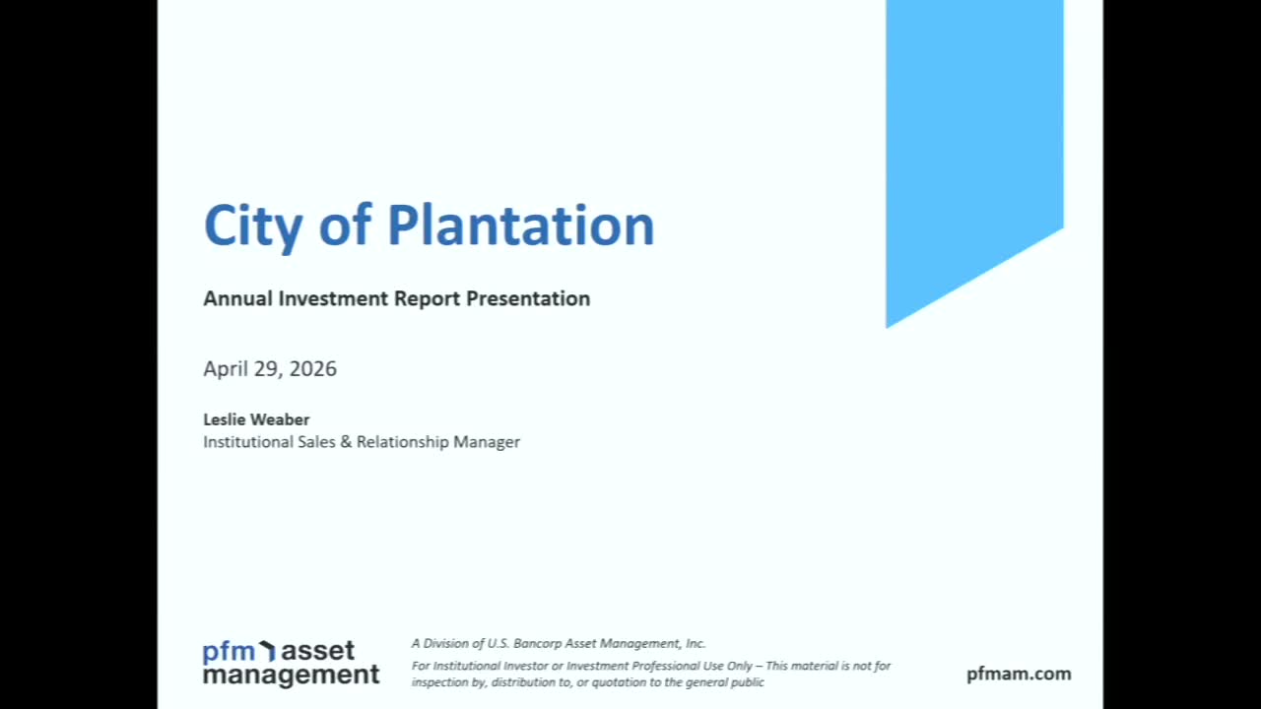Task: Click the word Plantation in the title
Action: [x=521, y=226]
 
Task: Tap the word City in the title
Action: [x=253, y=226]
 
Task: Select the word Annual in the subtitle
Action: [x=237, y=298]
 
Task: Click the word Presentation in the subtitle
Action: [x=528, y=298]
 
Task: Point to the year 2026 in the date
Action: [x=312, y=368]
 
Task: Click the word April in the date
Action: [x=226, y=369]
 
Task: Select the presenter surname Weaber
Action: [x=283, y=419]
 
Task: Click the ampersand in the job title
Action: [x=346, y=442]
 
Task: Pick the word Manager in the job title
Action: [x=487, y=442]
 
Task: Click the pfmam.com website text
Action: [x=1019, y=675]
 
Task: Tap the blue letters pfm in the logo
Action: [x=230, y=652]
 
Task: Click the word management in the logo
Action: [x=292, y=675]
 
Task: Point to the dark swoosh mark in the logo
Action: [x=267, y=650]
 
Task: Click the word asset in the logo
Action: [x=317, y=651]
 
